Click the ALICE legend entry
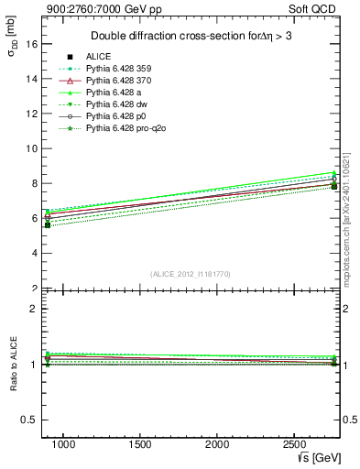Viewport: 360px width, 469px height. [98, 57]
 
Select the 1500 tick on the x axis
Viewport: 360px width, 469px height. [140, 444]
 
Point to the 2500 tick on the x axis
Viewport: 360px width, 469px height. [294, 444]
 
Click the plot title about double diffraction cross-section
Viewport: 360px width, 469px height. [192, 36]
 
